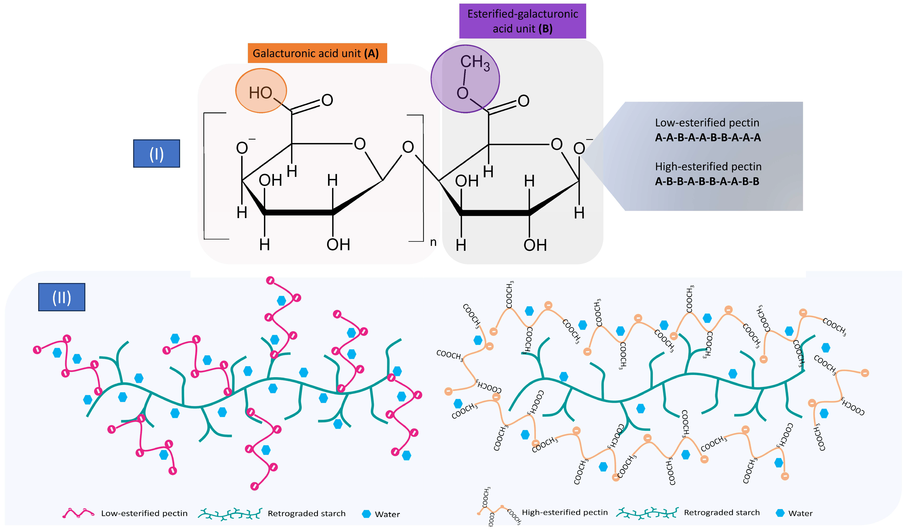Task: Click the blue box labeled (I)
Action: (157, 154)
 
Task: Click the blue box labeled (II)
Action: (62, 297)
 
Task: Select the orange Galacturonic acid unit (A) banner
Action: (317, 53)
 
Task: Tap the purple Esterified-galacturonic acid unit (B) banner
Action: (522, 21)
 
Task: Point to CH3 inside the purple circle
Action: (474, 63)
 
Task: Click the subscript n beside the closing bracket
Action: (433, 242)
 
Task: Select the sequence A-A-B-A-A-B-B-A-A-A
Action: (708, 137)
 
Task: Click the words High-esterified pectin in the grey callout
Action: (708, 166)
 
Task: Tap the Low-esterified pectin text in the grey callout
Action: (707, 123)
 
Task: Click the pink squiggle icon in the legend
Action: (78, 513)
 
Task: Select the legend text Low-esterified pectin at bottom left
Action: (144, 514)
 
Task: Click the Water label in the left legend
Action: (387, 514)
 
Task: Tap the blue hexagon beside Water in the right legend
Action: (780, 513)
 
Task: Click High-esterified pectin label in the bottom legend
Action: (564, 512)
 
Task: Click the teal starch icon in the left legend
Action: (230, 514)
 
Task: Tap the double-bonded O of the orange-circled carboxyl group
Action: (327, 100)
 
